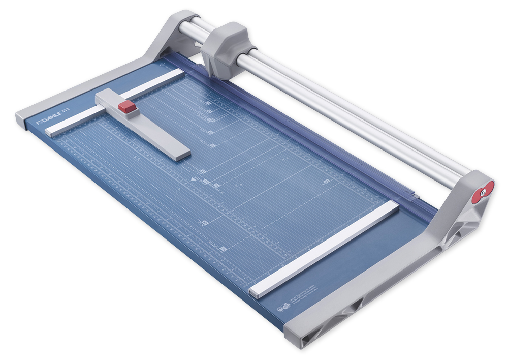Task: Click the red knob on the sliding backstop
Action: (x=128, y=106)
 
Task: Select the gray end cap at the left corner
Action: (x=21, y=119)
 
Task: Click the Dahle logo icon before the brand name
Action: (x=40, y=124)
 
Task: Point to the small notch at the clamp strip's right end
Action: (x=416, y=195)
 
